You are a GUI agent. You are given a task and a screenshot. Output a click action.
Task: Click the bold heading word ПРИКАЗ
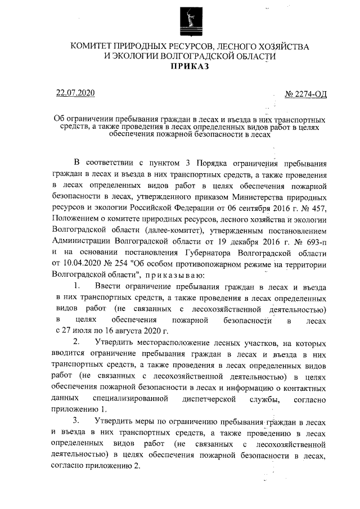pos(190,66)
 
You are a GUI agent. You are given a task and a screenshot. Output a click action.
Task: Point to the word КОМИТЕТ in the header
pos(93,46)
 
